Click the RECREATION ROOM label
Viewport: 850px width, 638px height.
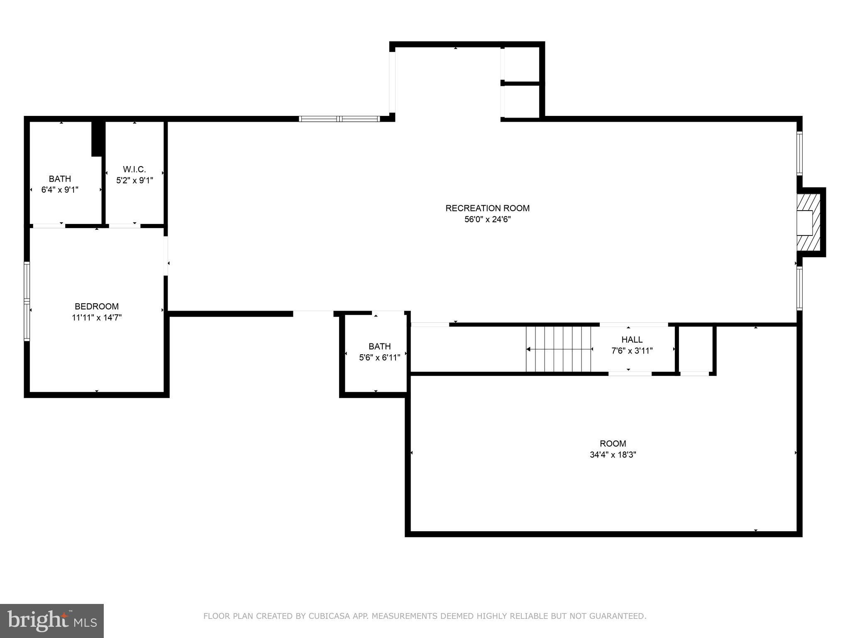point(487,208)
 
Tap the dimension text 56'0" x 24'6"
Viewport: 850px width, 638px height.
point(487,219)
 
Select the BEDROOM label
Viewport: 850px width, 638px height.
point(97,307)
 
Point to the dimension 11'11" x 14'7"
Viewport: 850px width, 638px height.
point(97,318)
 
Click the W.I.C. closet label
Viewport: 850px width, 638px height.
point(134,169)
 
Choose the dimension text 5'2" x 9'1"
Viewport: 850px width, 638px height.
point(134,181)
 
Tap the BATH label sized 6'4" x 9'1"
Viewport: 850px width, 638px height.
point(60,179)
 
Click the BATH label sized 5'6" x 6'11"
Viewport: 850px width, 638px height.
point(380,346)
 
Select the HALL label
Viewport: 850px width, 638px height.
point(632,340)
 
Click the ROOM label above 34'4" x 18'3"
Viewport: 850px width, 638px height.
point(613,444)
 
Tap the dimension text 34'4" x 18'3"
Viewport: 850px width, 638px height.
point(613,455)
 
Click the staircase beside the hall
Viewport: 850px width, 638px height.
point(559,349)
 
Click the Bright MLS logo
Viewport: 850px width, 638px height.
point(52,621)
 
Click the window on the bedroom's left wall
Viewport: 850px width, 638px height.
point(27,302)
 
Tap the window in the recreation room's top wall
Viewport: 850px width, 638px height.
point(340,119)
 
